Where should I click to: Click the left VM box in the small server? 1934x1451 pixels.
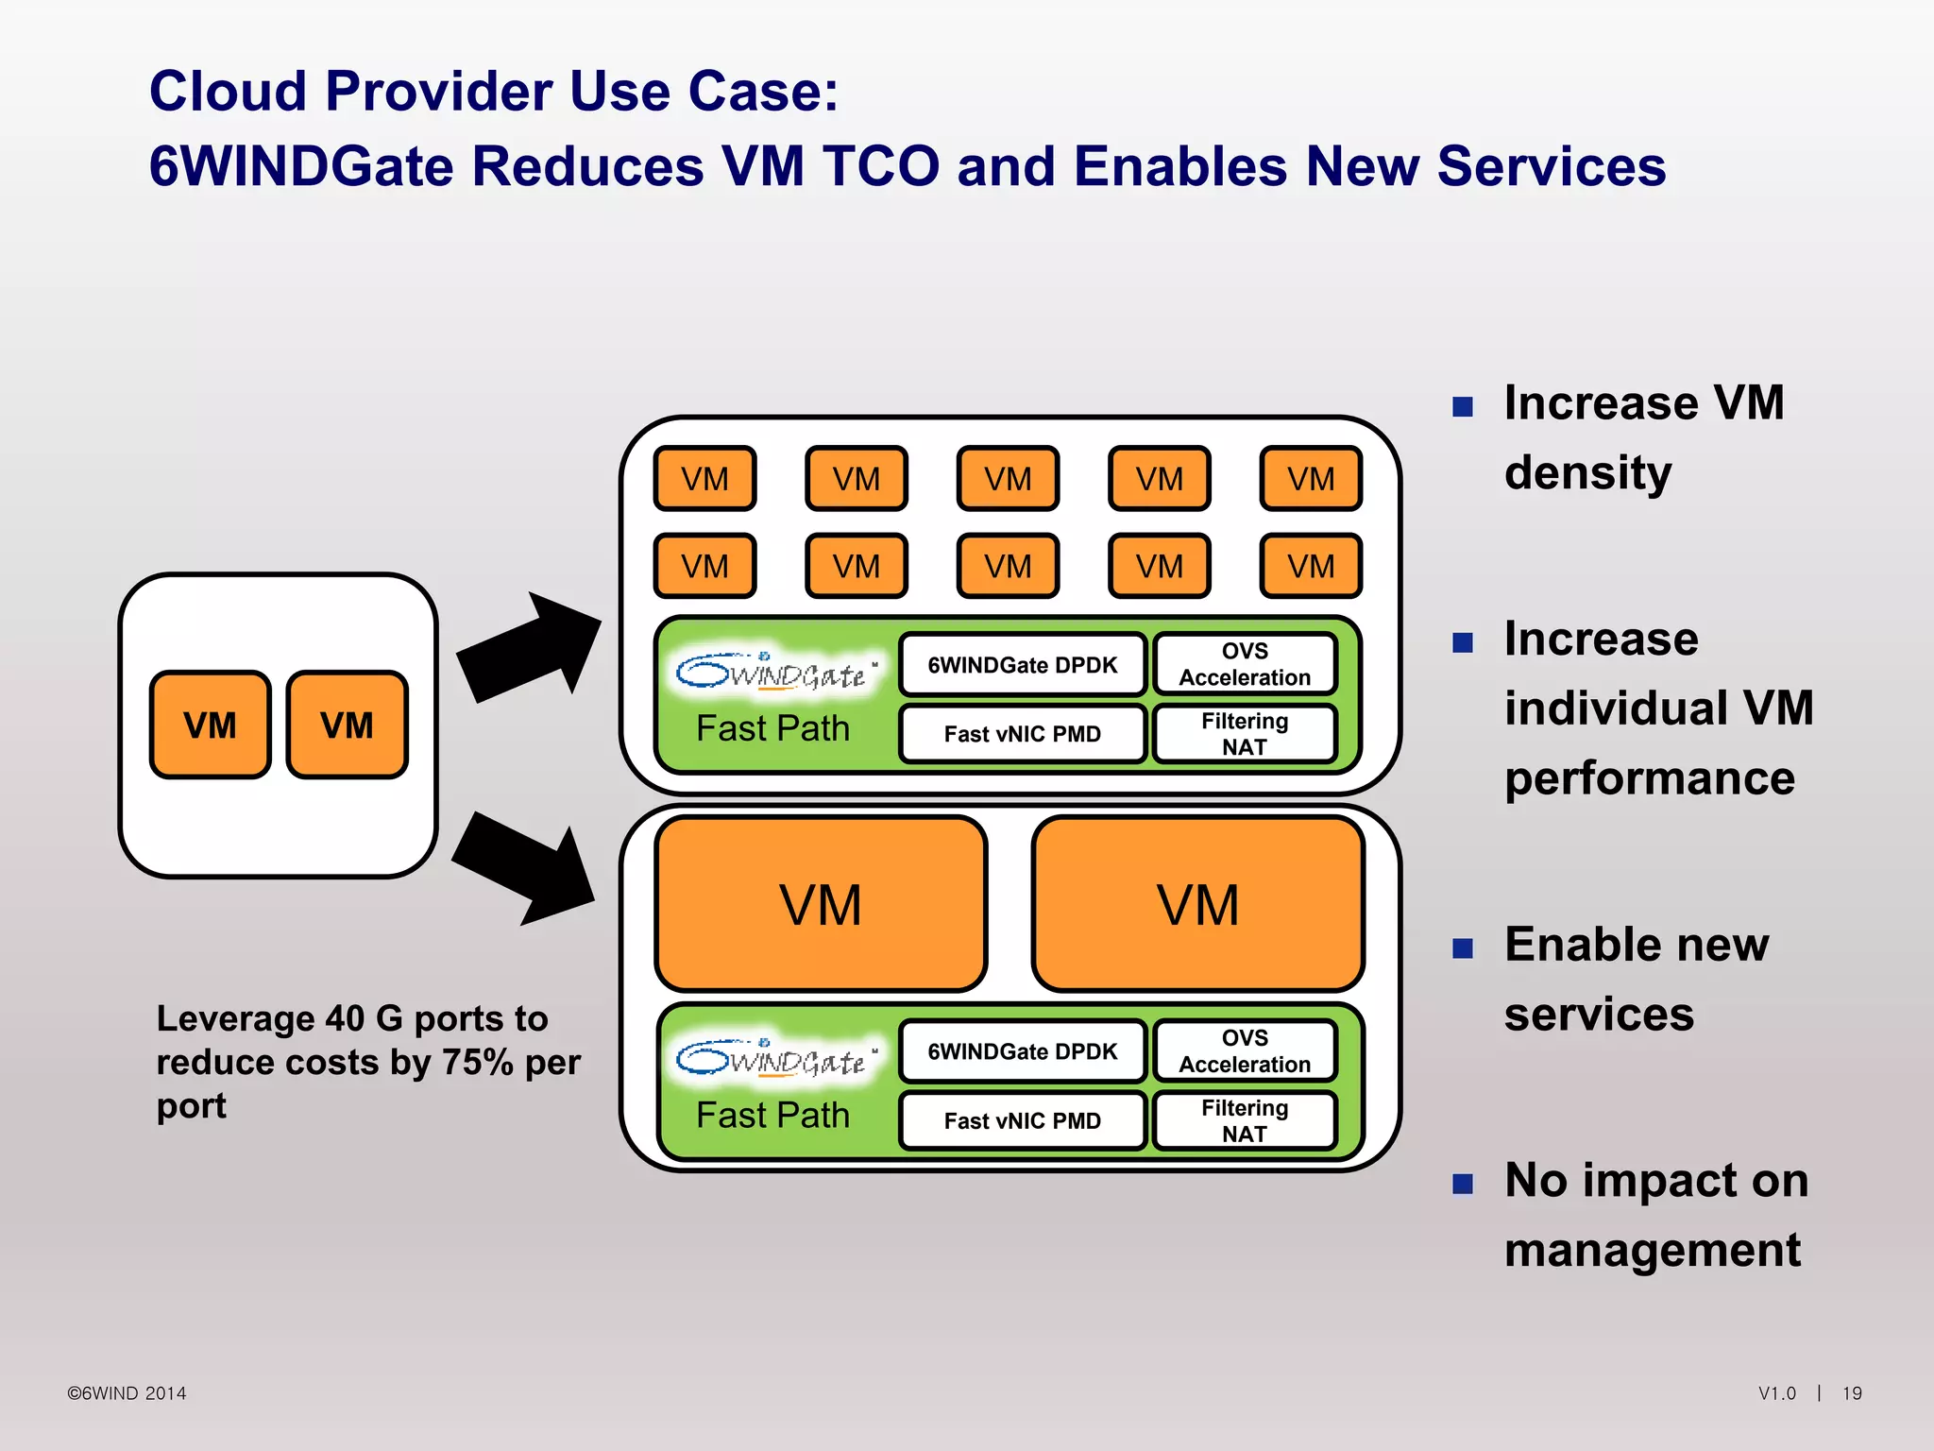[210, 725]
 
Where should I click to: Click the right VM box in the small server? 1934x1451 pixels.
[347, 725]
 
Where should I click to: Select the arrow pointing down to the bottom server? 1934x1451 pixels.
[524, 867]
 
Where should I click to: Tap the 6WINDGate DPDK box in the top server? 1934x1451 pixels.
[1022, 665]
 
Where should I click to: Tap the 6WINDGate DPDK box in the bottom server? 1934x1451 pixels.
[1022, 1051]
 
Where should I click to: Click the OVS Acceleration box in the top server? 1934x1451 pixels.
[1245, 664]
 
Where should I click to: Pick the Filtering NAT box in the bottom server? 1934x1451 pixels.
[1245, 1120]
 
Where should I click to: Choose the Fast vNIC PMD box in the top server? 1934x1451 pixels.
[1022, 734]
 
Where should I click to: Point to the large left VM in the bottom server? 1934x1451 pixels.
[821, 904]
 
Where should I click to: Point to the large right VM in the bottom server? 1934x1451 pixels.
[1197, 904]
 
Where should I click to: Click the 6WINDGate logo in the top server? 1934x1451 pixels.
[774, 672]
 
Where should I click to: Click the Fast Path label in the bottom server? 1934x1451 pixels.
[772, 1116]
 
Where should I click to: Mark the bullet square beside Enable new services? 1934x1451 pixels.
[1463, 947]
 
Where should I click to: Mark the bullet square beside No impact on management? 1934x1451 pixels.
[1463, 1184]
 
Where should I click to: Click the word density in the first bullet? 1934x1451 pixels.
[1587, 472]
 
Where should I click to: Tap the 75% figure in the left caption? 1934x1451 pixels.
[478, 1062]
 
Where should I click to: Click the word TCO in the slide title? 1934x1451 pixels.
[880, 166]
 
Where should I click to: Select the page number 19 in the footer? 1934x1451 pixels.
[1852, 1393]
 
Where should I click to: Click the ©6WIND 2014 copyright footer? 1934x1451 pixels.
[127, 1393]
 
